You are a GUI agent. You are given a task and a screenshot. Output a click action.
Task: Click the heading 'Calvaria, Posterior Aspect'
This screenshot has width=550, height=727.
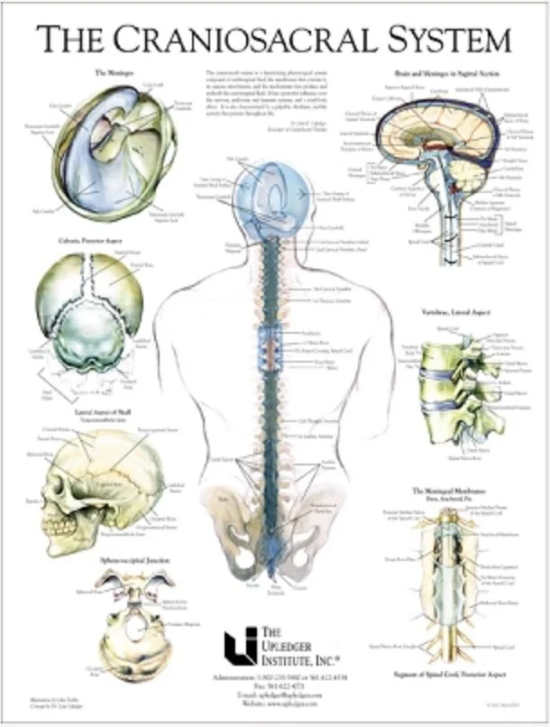pos(88,242)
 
